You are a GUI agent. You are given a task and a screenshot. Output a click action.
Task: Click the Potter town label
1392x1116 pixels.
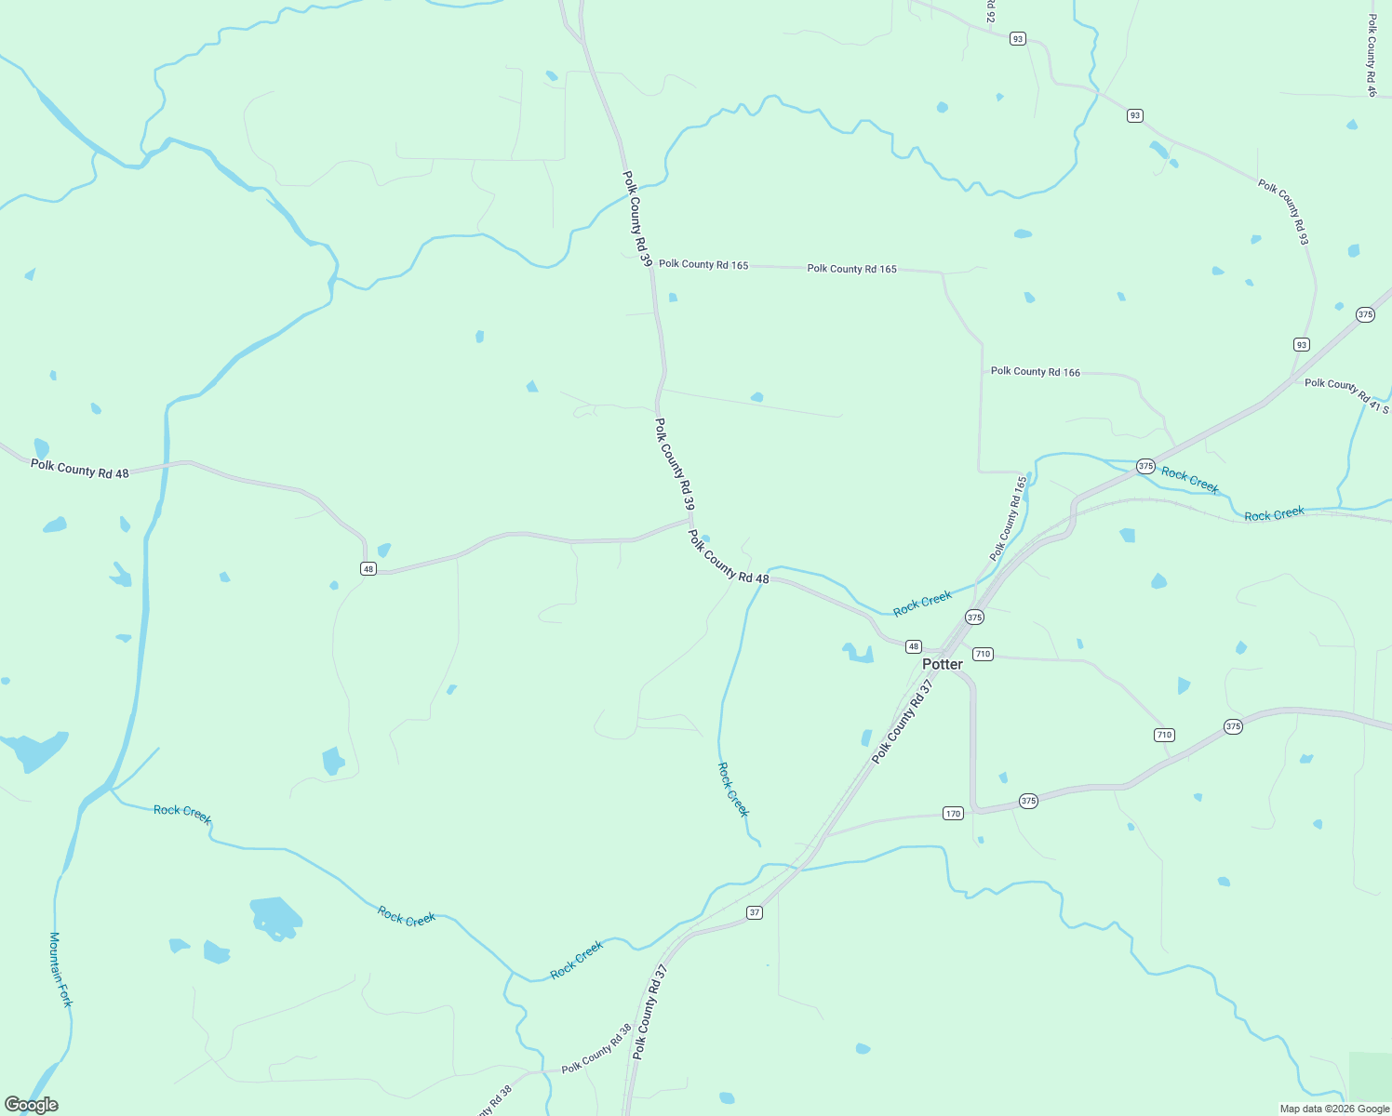click(942, 664)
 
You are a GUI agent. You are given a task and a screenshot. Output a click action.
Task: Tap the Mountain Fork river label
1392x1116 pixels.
click(60, 969)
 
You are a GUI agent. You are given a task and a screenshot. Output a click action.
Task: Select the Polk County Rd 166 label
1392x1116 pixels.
click(1035, 371)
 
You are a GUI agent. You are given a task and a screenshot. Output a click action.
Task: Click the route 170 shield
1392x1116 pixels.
click(952, 814)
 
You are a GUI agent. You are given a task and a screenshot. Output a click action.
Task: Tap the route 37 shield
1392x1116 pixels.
click(755, 912)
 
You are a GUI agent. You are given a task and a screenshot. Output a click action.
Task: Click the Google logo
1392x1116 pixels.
click(31, 1105)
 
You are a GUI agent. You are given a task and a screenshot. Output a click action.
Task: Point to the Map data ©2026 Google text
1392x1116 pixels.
click(1334, 1109)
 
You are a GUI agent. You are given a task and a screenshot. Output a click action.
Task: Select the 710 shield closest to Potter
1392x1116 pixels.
click(983, 654)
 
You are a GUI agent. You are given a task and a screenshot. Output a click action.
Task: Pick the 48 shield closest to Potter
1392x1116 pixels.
click(913, 646)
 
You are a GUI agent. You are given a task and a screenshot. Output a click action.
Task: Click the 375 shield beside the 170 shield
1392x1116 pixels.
click(1027, 801)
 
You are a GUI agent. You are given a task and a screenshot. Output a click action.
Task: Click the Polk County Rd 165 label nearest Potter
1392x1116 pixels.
click(1009, 519)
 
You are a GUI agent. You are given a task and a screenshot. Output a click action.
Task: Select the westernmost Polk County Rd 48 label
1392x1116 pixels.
click(80, 469)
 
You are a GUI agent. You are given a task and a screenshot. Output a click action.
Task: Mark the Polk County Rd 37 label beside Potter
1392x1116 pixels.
click(902, 722)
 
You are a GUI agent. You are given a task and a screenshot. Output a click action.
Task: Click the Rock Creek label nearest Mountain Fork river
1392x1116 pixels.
click(182, 814)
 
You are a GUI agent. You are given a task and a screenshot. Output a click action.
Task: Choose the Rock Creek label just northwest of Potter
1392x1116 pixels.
click(922, 604)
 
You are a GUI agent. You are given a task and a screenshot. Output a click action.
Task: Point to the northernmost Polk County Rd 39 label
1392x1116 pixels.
click(636, 219)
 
